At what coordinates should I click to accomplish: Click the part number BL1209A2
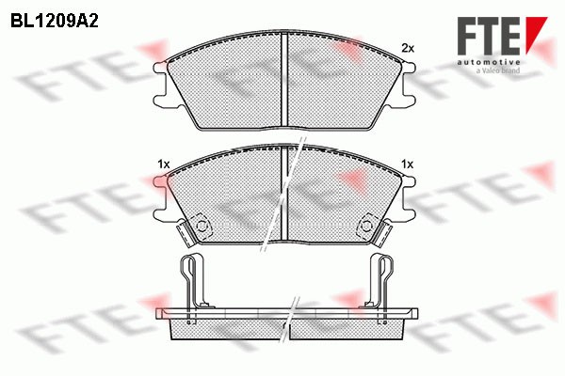56,18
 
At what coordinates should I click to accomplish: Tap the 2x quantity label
407,47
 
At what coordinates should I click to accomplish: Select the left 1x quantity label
163,164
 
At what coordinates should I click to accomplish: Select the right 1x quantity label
407,164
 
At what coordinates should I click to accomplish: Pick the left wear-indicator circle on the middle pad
200,227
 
